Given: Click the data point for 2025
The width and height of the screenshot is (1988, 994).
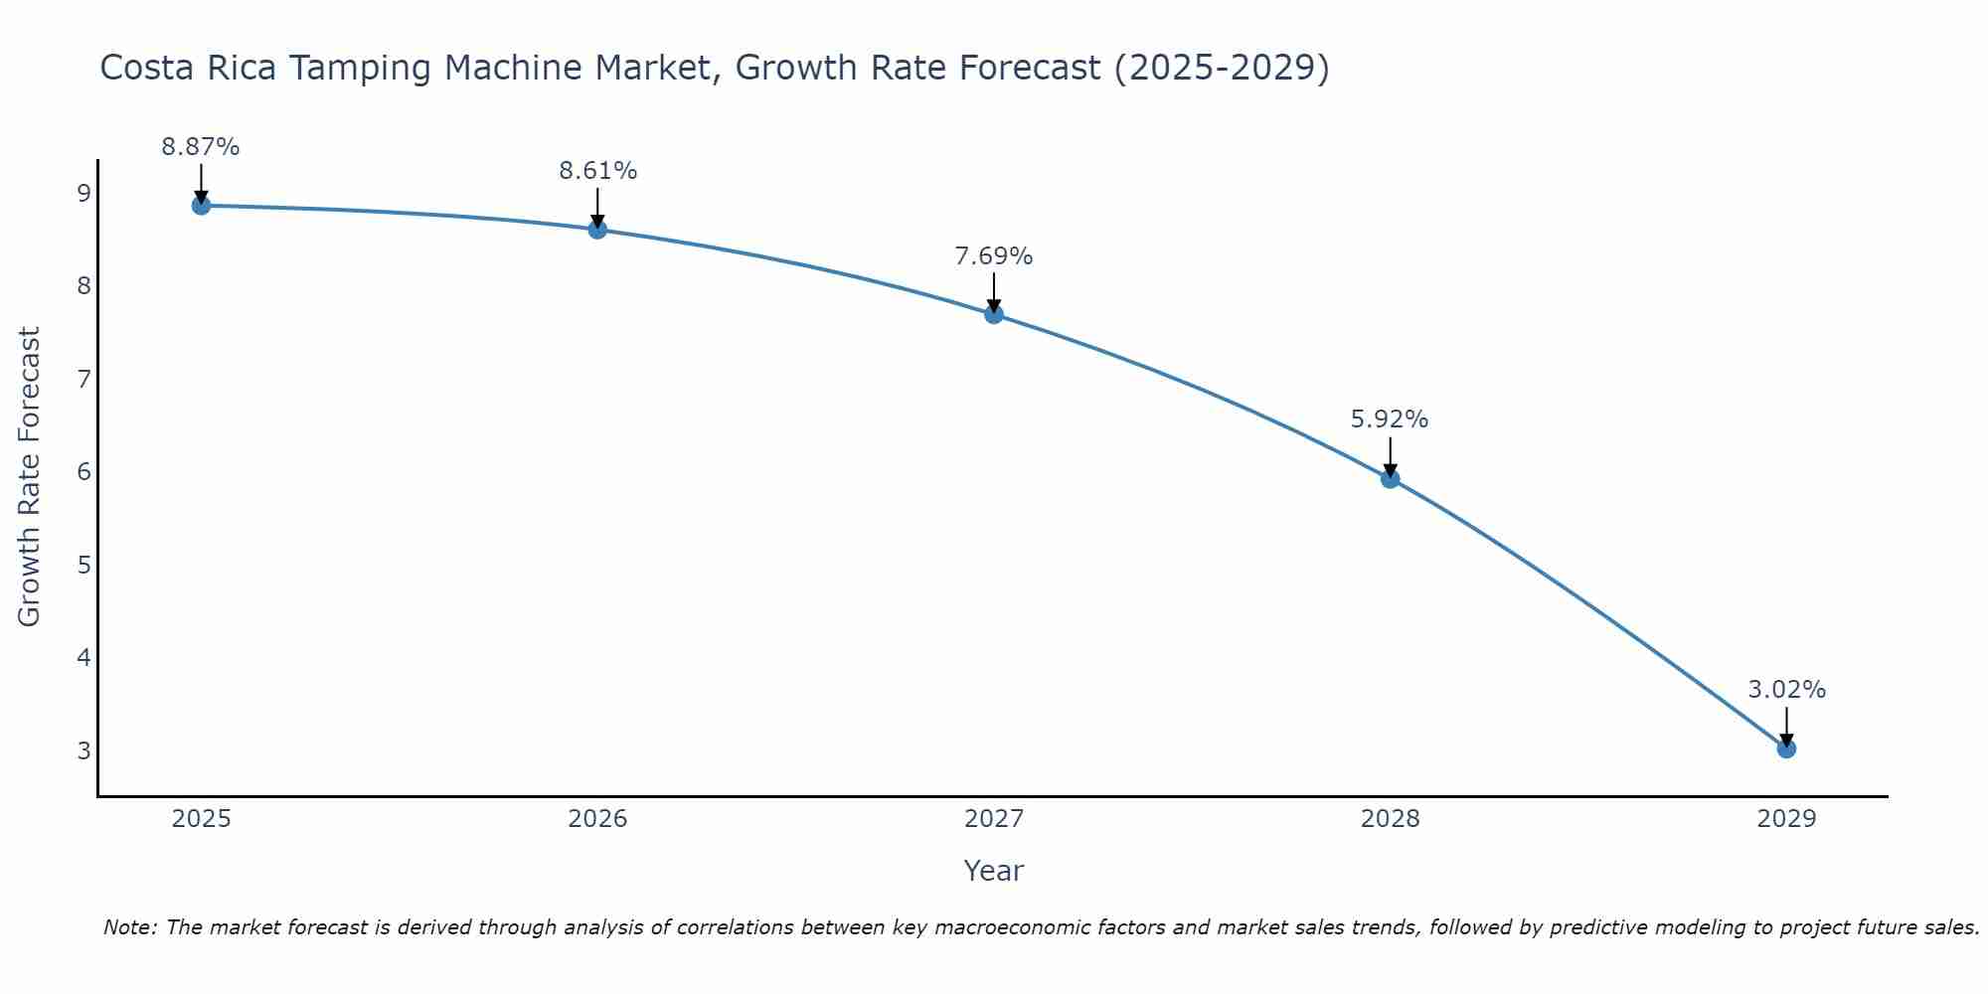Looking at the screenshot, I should click(x=201, y=206).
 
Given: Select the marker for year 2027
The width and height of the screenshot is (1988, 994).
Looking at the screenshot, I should click(x=994, y=315).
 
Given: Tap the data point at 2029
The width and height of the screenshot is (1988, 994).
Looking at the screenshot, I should click(x=1786, y=748).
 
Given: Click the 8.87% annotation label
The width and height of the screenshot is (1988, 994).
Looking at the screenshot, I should click(x=201, y=147).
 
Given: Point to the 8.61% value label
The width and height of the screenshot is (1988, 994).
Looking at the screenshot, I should click(x=597, y=171).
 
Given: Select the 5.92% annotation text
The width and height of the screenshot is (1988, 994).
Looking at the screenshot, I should click(x=1390, y=419).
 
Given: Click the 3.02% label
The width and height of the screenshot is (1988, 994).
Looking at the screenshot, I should click(x=1786, y=690).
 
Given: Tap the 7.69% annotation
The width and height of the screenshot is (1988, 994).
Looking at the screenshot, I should click(x=994, y=256).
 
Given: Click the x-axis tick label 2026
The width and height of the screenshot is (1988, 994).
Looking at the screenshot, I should click(x=597, y=819).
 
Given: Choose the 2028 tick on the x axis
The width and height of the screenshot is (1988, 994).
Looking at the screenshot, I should click(x=1390, y=819).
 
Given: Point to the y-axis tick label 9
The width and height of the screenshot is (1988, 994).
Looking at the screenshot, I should click(x=83, y=193).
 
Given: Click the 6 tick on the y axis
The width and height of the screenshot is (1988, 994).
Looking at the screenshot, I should click(x=83, y=471).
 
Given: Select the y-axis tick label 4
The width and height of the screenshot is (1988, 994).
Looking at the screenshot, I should click(x=83, y=657).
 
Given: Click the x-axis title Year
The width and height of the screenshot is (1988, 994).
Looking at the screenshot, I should click(x=994, y=871).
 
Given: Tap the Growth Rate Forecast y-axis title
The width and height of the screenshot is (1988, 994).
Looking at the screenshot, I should click(x=30, y=477).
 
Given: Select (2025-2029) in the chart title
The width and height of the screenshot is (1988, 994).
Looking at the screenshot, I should click(x=1222, y=69).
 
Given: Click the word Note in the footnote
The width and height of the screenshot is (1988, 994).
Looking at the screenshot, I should click(x=129, y=927).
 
